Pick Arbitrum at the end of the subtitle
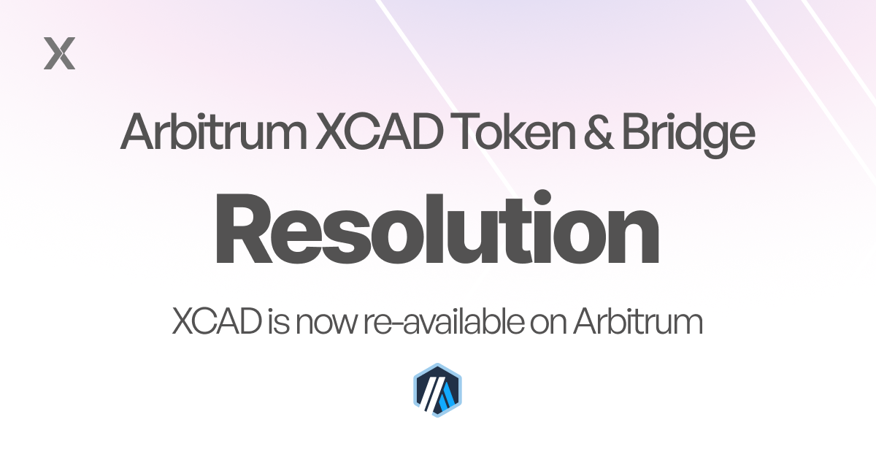637,321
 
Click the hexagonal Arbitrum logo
438,391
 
